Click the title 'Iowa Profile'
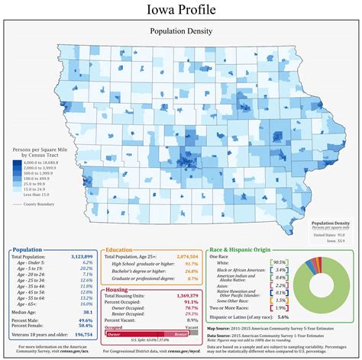point(181,10)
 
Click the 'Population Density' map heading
point(181,33)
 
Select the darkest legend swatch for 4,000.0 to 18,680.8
point(17,162)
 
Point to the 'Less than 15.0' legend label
point(35,194)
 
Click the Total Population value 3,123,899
point(79,258)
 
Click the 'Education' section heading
point(122,249)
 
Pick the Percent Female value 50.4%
point(86,325)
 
